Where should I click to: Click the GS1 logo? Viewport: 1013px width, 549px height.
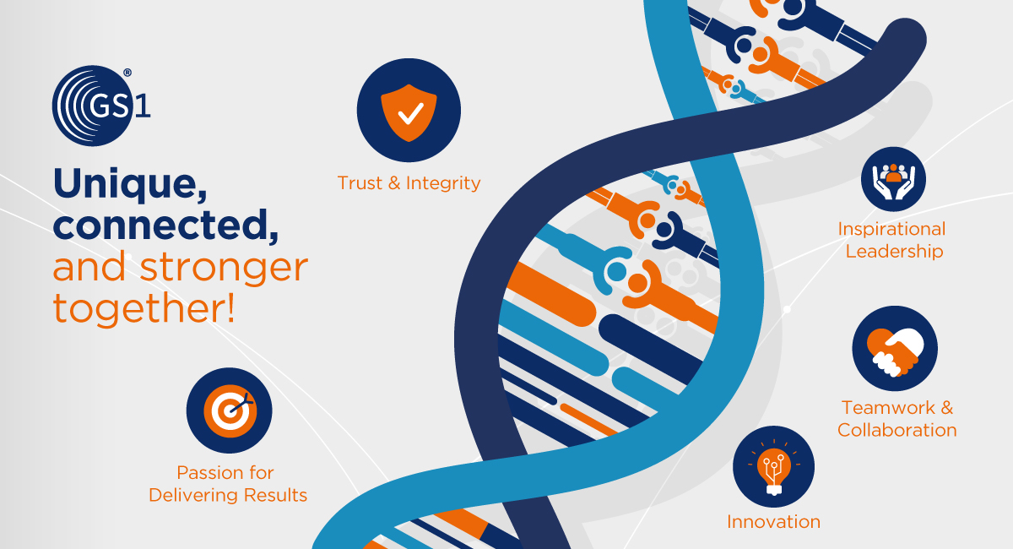[x=100, y=106]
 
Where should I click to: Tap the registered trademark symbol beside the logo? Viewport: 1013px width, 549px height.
[x=127, y=73]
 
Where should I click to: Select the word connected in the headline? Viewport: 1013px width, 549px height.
[x=165, y=225]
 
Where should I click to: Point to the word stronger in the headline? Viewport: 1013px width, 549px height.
[x=225, y=269]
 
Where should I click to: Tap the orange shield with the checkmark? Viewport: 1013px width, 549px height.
[x=409, y=112]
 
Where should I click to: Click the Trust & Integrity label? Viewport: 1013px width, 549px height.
[x=409, y=182]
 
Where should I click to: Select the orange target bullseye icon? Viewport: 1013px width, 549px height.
[x=230, y=411]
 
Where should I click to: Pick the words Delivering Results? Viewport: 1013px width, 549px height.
[x=228, y=495]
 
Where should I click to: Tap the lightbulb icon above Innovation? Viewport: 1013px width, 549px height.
[x=774, y=467]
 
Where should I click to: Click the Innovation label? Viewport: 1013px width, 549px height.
[x=774, y=522]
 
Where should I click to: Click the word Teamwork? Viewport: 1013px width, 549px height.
[x=888, y=408]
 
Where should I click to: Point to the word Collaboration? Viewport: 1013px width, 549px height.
[x=897, y=430]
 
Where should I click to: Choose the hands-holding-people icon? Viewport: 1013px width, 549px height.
[x=893, y=181]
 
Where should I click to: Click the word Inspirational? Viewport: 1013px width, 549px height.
[x=891, y=230]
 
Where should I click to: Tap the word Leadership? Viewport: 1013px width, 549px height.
[x=895, y=251]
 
